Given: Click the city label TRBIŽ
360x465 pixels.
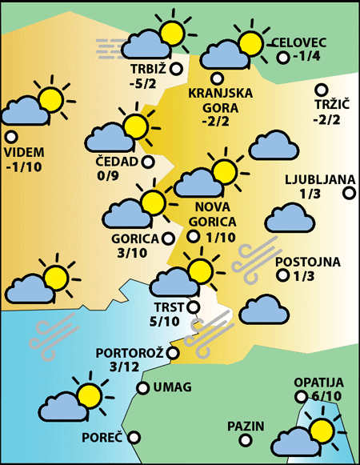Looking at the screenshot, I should pos(147,69).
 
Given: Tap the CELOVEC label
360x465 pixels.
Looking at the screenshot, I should pos(298,42).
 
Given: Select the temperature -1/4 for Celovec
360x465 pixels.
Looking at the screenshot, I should pos(307,57).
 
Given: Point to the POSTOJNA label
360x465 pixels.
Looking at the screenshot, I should pos(307,262).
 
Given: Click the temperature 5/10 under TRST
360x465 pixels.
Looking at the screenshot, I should pos(165,322).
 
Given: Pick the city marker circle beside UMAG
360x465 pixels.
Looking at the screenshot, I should pos(142,388).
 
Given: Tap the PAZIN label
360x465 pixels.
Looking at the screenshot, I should pos(245,425).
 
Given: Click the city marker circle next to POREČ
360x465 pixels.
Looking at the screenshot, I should pos(134,438).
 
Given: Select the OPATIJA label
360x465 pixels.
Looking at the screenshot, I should pos(318,383).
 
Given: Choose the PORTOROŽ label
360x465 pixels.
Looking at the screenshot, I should pos(129,353).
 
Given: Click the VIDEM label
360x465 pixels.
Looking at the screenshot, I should pos(24,153).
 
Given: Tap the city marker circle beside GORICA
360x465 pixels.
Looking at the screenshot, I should pos(168,238).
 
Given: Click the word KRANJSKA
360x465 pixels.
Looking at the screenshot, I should pos(220,93).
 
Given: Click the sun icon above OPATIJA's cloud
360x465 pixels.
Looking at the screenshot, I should pos(323,430).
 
